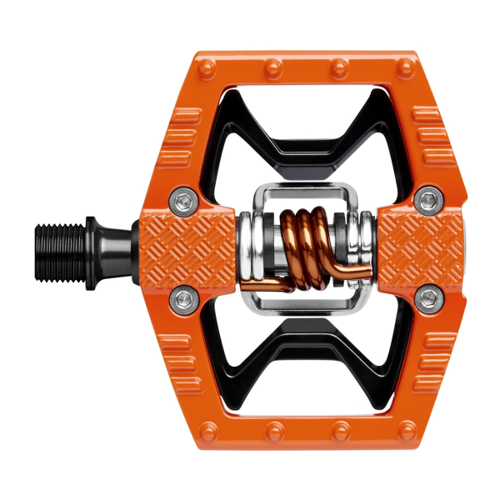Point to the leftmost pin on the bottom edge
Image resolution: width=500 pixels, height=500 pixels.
208,432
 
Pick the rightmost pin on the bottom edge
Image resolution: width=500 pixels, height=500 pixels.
405,432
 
